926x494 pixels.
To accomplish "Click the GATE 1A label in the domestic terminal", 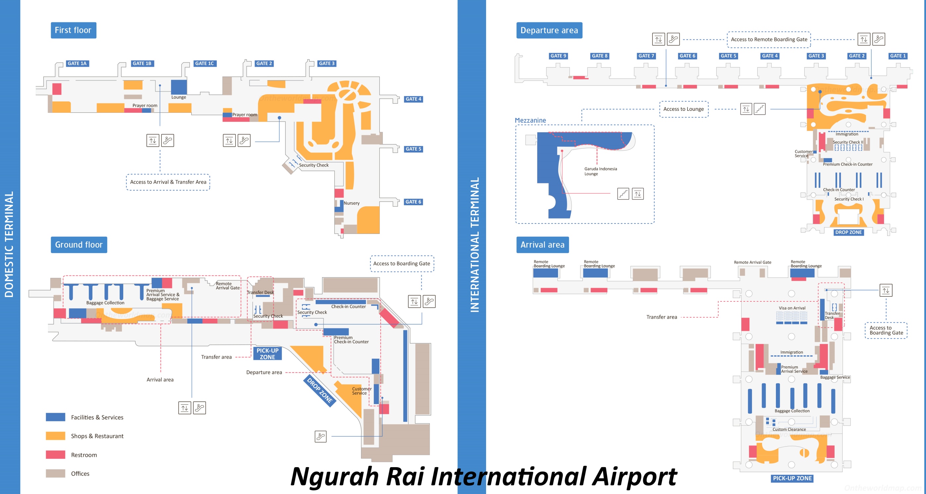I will click(x=77, y=63).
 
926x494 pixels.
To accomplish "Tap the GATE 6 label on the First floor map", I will click(x=413, y=202).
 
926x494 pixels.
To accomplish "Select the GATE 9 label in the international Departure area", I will click(x=558, y=56).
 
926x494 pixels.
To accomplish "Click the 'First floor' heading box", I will click(x=73, y=30).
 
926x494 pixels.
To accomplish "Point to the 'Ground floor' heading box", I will click(x=79, y=245).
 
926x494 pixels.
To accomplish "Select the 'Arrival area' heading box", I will click(x=542, y=245).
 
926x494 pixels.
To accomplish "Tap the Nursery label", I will click(x=351, y=203).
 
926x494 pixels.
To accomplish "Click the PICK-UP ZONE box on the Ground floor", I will click(x=267, y=353).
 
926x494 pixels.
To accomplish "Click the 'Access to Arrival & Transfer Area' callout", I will click(x=168, y=182).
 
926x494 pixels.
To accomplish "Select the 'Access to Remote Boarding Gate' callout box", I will click(x=769, y=39).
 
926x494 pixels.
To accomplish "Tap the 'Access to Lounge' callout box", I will click(x=683, y=109).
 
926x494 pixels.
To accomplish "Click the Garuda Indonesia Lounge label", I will click(x=600, y=171).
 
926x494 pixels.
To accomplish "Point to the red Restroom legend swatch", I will click(x=55, y=455).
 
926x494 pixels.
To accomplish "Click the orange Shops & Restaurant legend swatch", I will click(x=55, y=436).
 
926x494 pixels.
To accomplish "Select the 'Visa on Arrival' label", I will click(x=792, y=308).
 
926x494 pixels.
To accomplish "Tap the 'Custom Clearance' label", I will click(x=789, y=429).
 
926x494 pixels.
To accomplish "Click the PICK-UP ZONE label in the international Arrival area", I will click(x=792, y=478).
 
